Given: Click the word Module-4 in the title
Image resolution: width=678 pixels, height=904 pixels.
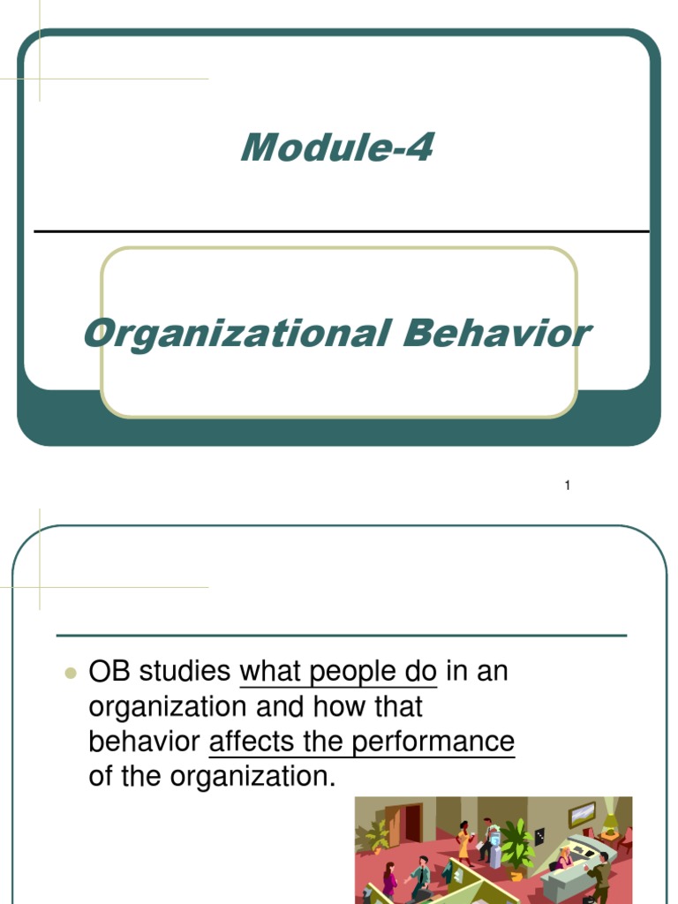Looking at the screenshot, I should [337, 147].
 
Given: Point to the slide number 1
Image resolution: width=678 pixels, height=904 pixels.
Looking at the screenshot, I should [568, 486].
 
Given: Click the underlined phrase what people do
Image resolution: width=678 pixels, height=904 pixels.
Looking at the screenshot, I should [338, 672].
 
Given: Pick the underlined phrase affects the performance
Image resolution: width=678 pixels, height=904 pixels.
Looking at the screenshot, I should [361, 742].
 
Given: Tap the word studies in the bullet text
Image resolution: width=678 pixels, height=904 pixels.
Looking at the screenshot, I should [184, 672].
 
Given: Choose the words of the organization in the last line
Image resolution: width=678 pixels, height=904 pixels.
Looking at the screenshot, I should [213, 777].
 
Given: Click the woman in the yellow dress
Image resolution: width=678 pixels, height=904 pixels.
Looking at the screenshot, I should [463, 843].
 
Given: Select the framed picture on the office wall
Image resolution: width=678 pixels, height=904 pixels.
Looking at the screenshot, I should [582, 813].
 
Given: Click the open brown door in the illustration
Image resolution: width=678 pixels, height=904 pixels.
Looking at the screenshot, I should [412, 823].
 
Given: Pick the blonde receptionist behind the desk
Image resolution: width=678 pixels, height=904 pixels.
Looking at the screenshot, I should [564, 856].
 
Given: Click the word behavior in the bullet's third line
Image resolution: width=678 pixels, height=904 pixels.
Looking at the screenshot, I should [145, 742].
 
